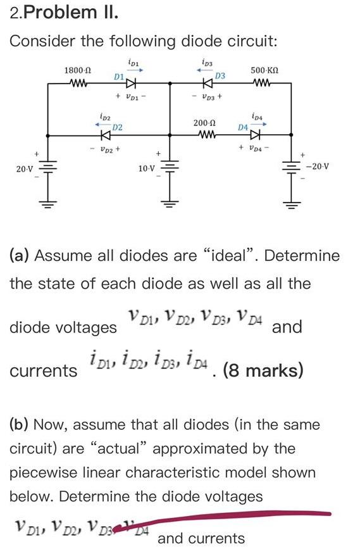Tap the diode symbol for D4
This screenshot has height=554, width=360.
[255, 135]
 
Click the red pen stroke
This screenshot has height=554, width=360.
[240, 517]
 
